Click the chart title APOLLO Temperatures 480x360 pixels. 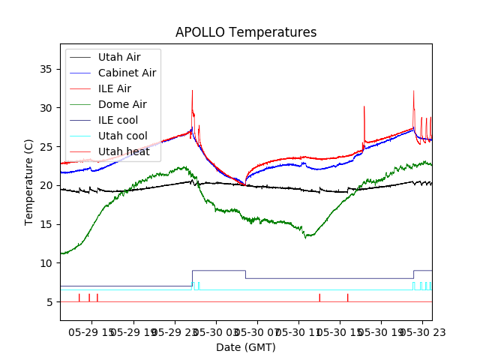click(246, 32)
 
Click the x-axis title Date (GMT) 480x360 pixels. click(246, 347)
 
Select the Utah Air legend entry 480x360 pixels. click(118, 57)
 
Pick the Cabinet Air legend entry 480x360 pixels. click(127, 73)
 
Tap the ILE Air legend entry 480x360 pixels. click(114, 88)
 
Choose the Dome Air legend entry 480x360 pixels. click(122, 104)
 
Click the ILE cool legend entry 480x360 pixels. click(118, 120)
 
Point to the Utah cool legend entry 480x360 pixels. click(122, 136)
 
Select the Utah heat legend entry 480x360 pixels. click(123, 151)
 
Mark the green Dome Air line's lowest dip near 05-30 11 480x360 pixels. click(305, 238)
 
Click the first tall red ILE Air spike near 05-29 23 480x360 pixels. click(192, 91)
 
